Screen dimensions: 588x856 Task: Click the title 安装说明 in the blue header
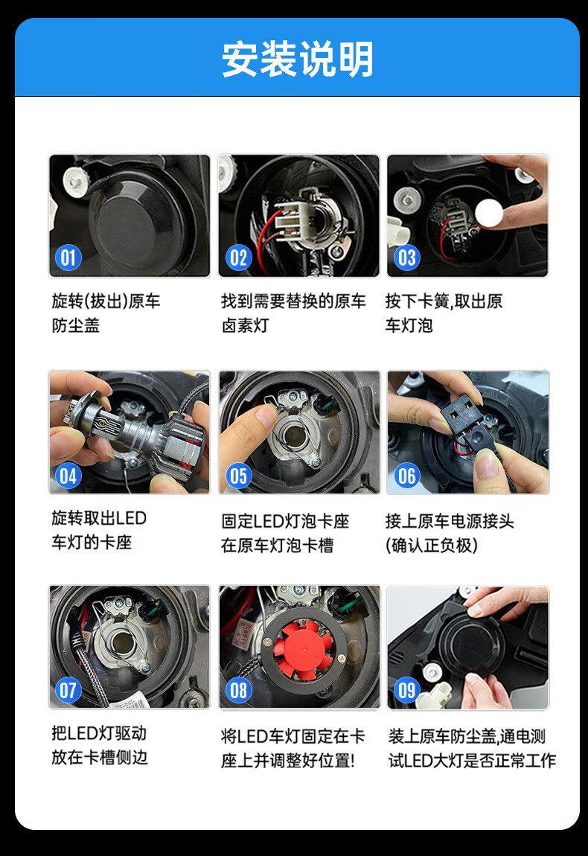(x=298, y=59)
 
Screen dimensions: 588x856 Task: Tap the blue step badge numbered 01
(x=68, y=258)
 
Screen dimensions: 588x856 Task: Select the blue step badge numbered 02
(x=239, y=258)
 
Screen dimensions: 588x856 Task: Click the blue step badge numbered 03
(x=406, y=258)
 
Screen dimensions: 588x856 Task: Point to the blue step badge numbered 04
(x=68, y=476)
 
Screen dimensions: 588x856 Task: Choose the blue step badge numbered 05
(x=239, y=476)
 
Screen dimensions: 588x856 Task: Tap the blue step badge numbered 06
(x=406, y=476)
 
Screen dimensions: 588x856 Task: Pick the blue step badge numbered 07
(x=68, y=690)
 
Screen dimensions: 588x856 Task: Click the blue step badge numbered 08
(x=239, y=690)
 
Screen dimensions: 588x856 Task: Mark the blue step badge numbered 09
(x=406, y=690)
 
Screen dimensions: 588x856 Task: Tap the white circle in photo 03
(x=488, y=214)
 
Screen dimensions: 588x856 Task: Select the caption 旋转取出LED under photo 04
(x=100, y=517)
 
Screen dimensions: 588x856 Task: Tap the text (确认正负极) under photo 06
(x=432, y=546)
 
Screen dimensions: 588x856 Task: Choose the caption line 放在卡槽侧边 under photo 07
(x=100, y=757)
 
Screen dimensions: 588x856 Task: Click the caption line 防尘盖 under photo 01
(x=76, y=325)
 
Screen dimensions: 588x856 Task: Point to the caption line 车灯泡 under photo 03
(x=409, y=325)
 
